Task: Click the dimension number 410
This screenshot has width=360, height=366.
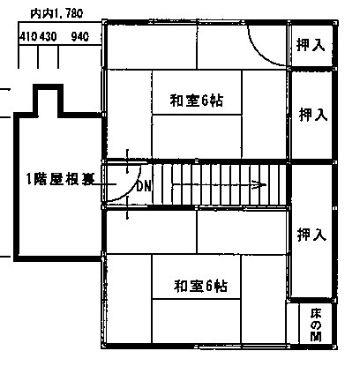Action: click(28, 37)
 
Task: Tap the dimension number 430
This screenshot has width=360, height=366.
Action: click(48, 37)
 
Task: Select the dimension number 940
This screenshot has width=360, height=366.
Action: click(79, 37)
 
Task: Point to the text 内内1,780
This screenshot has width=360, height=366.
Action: click(56, 13)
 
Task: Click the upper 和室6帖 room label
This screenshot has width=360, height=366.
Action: click(197, 101)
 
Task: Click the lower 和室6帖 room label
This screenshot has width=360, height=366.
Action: click(200, 286)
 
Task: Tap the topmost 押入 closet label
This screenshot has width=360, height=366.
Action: click(311, 45)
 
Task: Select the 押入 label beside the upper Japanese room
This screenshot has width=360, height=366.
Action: click(313, 115)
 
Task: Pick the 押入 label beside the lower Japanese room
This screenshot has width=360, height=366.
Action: click(311, 235)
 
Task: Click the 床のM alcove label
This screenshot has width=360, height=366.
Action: click(316, 325)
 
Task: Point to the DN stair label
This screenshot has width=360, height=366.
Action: click(144, 186)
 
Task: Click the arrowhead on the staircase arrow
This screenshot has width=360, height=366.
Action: click(261, 185)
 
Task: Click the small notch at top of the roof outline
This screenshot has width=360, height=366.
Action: click(49, 86)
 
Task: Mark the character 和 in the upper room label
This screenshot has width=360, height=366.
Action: click(176, 101)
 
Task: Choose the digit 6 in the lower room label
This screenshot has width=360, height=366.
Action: click(209, 286)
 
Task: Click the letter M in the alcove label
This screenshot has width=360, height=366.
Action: click(316, 337)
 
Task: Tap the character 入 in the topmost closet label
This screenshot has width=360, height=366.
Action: click(319, 45)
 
